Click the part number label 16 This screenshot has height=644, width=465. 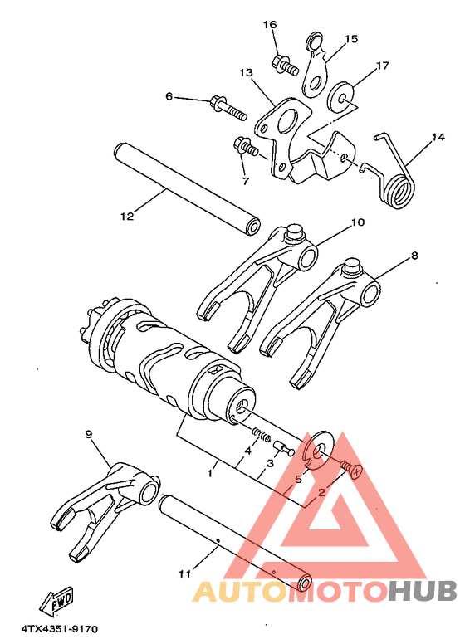pos(270,25)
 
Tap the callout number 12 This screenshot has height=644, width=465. pos(126,217)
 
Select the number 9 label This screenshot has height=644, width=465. pos(89,434)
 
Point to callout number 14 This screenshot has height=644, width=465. pos(438,137)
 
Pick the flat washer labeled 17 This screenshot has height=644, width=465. pos(343,95)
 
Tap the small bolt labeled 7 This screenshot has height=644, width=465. pos(247,149)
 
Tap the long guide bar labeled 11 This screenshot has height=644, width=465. pos(232,539)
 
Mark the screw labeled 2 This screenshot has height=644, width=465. pos(350,469)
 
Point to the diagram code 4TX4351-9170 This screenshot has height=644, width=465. pos(60,628)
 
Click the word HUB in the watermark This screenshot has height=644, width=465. pos(423,590)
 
